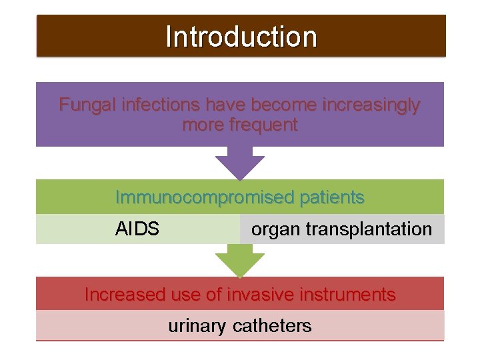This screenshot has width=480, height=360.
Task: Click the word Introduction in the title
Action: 241,37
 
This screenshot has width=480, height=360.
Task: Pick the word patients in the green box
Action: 332,198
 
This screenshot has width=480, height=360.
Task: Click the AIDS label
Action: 137,229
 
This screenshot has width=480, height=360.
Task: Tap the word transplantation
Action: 369,230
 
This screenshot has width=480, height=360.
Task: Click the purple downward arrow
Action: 240,163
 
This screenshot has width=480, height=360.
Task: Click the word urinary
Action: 198,326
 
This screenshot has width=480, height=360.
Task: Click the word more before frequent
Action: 203,125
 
